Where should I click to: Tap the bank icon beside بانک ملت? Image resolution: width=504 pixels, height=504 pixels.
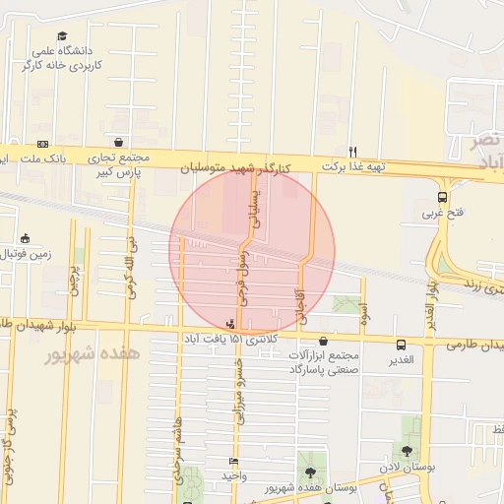click(x=42, y=144)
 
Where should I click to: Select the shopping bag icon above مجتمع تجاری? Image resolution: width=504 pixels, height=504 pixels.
click(x=119, y=142)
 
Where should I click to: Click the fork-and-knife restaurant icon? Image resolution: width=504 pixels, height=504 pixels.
click(x=351, y=152)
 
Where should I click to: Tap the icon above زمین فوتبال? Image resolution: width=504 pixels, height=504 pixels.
click(x=25, y=237)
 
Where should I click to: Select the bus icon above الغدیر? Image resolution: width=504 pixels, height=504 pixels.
click(x=402, y=346)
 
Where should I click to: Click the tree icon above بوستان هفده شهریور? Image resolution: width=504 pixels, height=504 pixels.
click(x=311, y=472)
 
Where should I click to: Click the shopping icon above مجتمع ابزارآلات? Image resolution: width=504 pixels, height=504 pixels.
click(x=324, y=339)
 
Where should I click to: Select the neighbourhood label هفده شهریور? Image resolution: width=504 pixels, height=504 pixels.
click(x=93, y=352)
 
